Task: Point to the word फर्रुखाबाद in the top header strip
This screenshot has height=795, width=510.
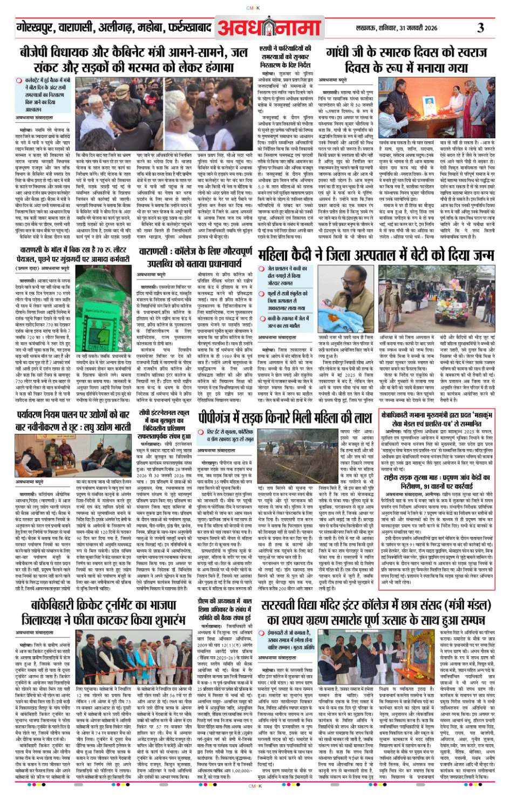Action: coord(189,26)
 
